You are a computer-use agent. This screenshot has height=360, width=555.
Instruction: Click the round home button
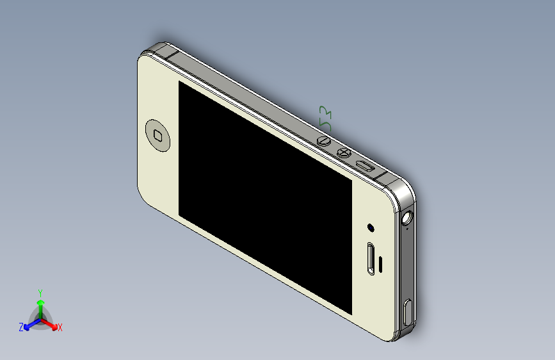point(159,135)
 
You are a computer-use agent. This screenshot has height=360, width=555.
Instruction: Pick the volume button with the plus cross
point(344,153)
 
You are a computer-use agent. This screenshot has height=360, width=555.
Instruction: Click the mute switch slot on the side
point(366,166)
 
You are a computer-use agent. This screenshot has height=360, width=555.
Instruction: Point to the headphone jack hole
point(406,217)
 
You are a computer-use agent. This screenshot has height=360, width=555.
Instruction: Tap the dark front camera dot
point(371,227)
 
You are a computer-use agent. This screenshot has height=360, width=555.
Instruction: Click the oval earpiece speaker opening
point(371,259)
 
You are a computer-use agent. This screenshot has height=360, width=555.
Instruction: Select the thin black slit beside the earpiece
point(382,262)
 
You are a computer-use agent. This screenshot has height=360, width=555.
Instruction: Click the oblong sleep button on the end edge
point(409,313)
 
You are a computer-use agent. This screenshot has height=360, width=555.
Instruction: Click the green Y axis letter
point(40,292)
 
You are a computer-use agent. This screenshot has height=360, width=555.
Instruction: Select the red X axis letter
point(60,327)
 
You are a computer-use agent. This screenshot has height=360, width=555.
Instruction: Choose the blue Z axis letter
point(21,327)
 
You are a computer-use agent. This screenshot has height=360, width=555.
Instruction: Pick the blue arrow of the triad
point(29,325)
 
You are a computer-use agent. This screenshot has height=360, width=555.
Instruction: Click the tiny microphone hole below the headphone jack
point(408,229)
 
